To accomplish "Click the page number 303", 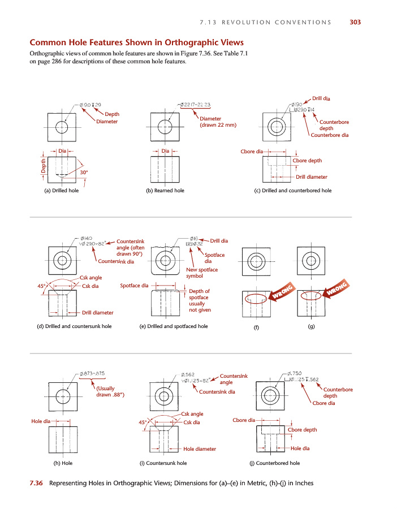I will pyautogui.click(x=355, y=23).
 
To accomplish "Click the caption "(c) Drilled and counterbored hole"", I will pyautogui.click(x=293, y=191).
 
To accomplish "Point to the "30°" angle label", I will pyautogui.click(x=84, y=171).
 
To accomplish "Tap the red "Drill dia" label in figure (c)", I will pyautogui.click(x=321, y=99).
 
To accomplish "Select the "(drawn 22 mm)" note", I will pyautogui.click(x=218, y=125).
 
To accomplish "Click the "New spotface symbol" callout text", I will pyautogui.click(x=202, y=273).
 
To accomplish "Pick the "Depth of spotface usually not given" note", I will pyautogui.click(x=199, y=300).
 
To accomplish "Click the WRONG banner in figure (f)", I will pyautogui.click(x=282, y=293).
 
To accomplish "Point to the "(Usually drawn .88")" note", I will pyautogui.click(x=110, y=391).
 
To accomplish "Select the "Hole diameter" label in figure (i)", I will pyautogui.click(x=200, y=449).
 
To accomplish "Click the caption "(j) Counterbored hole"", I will pyautogui.click(x=274, y=463).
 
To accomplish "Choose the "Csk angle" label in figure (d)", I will pyautogui.click(x=90, y=278).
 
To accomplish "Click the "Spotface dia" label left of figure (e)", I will pyautogui.click(x=134, y=286).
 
